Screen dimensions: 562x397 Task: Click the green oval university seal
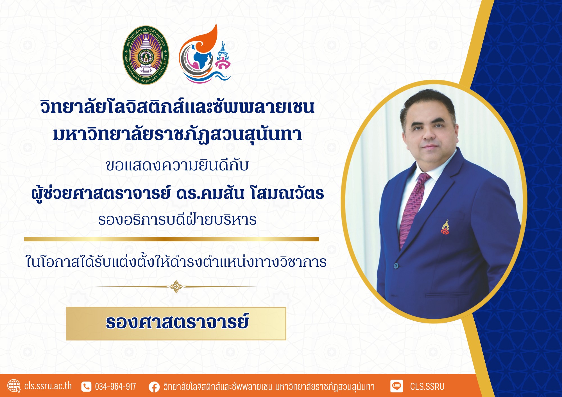click(x=146, y=55)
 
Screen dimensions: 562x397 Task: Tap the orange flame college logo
click(x=205, y=54)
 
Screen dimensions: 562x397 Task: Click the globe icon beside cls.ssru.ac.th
click(x=14, y=386)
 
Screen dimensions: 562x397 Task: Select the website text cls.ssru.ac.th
click(x=48, y=386)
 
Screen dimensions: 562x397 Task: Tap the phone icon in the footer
click(x=86, y=387)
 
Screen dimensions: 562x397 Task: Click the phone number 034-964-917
click(x=115, y=387)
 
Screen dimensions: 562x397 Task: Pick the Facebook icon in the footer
click(x=154, y=387)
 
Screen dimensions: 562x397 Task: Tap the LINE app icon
click(x=396, y=386)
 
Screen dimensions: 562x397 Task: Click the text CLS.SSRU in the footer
click(x=427, y=387)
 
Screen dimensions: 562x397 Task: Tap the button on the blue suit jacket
click(x=396, y=265)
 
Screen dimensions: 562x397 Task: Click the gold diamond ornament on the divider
click(x=176, y=286)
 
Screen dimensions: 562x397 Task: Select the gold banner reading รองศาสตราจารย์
click(x=176, y=323)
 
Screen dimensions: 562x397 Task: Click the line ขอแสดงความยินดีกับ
click(x=177, y=165)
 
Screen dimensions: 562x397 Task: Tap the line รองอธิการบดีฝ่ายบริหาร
click(x=177, y=220)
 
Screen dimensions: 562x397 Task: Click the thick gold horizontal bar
click(x=171, y=239)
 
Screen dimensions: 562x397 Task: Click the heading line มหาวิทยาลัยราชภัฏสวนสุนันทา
click(x=178, y=135)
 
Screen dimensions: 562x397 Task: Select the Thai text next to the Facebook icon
click(x=269, y=387)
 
